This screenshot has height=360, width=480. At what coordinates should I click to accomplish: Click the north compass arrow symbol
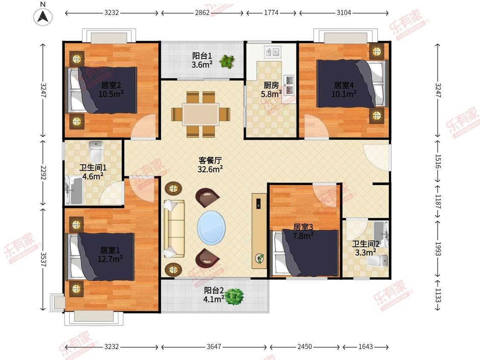point(43,16)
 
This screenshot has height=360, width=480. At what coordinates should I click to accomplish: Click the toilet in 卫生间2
point(377,261)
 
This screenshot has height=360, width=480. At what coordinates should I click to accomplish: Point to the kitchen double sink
point(273,52)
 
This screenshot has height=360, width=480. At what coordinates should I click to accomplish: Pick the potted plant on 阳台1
point(227,61)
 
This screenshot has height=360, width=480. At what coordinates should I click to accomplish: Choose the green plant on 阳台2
point(235,296)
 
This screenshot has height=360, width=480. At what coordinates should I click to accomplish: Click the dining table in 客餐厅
point(201,114)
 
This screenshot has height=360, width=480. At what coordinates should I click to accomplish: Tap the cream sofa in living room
point(174,229)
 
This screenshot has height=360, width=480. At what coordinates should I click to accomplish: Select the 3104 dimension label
point(344,12)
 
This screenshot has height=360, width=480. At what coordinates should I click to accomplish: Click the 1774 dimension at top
point(271,12)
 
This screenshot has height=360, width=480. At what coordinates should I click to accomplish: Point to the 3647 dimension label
point(214,346)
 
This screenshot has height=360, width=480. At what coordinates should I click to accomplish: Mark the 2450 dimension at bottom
point(305,346)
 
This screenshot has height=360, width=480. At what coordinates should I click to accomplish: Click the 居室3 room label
point(303,227)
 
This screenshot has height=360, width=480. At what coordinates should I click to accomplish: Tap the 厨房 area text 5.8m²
point(271,94)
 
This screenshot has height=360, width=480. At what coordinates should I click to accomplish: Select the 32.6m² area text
point(210,169)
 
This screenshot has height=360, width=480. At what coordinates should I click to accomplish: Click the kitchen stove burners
point(289,85)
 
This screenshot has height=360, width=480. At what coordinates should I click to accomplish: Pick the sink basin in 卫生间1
point(74,190)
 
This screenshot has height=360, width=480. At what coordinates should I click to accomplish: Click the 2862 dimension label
point(202,12)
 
